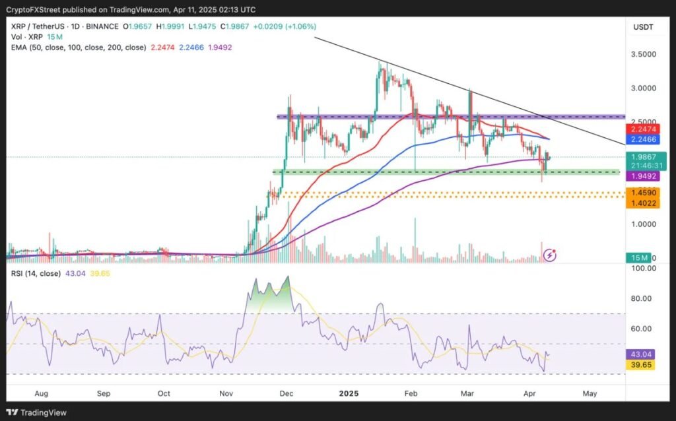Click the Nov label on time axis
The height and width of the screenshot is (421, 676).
[x=226, y=393]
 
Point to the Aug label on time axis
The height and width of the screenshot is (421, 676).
[x=41, y=393]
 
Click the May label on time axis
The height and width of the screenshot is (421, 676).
[x=590, y=393]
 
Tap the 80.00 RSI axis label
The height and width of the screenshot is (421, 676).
[x=643, y=298]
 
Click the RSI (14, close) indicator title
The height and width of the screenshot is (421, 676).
[x=35, y=273]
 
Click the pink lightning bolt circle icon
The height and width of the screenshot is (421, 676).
[x=549, y=254]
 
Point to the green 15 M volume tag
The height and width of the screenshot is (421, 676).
[x=640, y=257]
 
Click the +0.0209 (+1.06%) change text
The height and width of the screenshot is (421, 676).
[x=285, y=26]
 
